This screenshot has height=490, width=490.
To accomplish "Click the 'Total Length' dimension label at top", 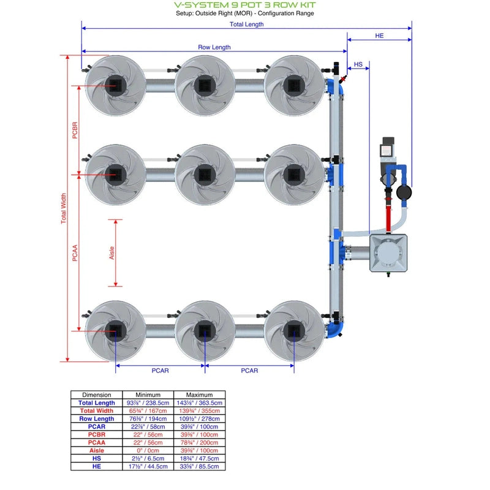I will click(246, 24).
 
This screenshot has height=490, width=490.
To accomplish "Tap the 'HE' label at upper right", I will click(379, 36).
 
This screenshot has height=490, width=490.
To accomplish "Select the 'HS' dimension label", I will click(358, 64).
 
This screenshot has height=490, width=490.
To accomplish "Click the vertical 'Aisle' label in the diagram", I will click(112, 253).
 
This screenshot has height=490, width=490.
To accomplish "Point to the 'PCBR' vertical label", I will click(75, 130).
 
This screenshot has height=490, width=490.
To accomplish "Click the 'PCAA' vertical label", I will click(75, 252).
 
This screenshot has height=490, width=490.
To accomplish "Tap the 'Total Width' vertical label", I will click(64, 208).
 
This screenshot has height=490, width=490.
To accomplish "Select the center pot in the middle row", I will click(205, 174).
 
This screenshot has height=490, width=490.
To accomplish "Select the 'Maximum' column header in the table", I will click(200, 395).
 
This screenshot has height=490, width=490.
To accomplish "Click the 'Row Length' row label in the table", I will click(97, 418).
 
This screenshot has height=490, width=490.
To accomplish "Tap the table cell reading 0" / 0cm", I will click(148, 450).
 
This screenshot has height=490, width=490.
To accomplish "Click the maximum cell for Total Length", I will click(200, 403).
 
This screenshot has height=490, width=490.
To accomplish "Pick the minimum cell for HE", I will click(148, 466).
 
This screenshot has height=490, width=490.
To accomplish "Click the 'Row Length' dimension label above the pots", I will click(214, 47).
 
